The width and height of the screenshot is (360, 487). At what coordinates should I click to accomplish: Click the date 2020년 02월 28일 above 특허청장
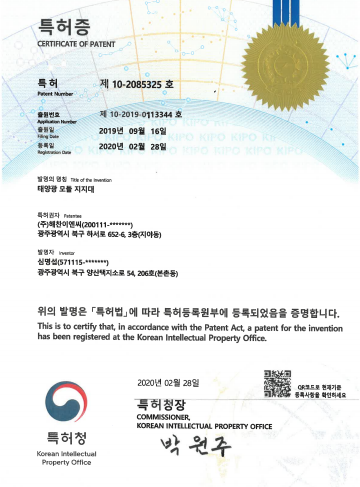(168, 383)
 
